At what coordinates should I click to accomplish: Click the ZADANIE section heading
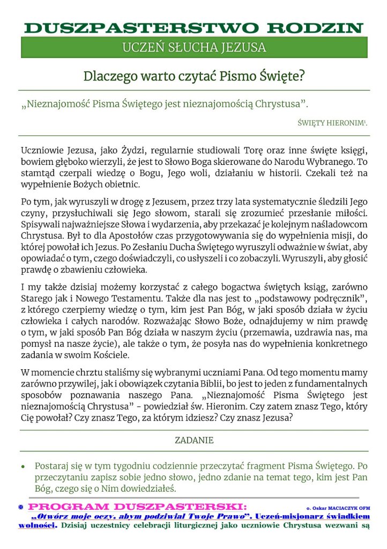[x=194, y=440]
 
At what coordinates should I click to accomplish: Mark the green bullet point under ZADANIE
[x=23, y=467]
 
